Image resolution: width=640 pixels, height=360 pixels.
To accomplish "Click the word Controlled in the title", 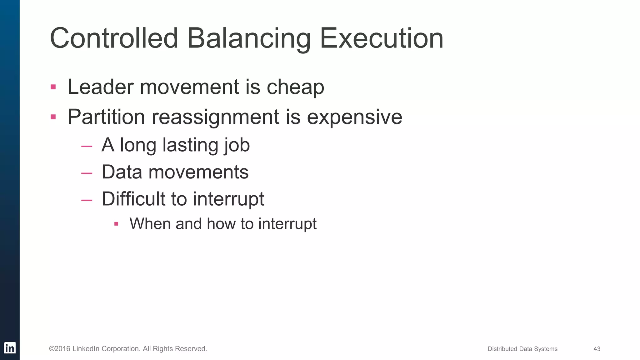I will point(114,38).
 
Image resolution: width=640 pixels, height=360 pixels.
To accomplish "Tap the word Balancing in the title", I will point(248,39).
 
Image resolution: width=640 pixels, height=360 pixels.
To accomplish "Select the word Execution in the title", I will point(381,38).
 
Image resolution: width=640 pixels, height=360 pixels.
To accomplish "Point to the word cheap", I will point(295,87).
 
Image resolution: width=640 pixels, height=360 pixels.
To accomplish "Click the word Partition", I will point(106,117).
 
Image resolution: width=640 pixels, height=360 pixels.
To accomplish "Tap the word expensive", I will point(354,117).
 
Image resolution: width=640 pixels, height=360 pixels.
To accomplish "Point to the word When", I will point(150,224).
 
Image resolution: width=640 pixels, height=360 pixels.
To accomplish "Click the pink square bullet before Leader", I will point(53,87).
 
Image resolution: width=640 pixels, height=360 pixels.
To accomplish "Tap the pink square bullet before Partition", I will point(53,117).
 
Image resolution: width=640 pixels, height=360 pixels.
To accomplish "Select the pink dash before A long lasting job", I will point(87,146).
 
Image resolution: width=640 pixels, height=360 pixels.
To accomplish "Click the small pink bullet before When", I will point(116,224).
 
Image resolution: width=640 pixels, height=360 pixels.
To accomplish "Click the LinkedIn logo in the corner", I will point(10,348).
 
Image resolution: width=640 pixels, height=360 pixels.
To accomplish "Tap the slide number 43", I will point(597,349).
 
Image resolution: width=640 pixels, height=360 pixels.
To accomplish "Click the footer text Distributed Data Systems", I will point(522,349).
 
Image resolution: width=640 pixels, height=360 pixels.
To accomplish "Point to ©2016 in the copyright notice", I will point(60,349).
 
